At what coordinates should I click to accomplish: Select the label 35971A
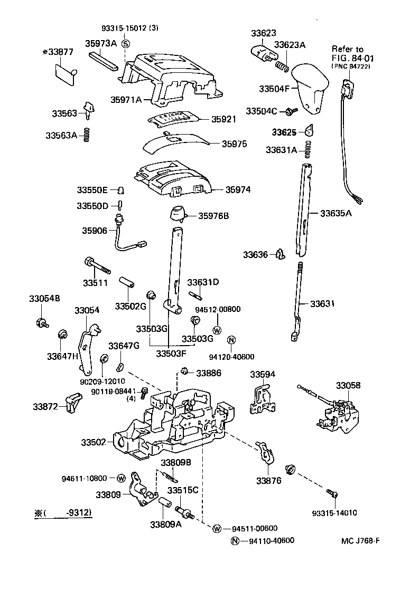(126, 99)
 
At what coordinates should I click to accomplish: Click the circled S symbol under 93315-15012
(125, 43)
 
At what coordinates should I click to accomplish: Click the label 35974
(238, 189)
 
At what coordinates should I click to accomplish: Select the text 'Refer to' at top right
(347, 49)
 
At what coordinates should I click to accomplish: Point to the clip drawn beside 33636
(279, 255)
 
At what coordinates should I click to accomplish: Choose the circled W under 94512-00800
(216, 330)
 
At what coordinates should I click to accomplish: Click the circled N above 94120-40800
(231, 339)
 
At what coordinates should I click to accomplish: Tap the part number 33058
(349, 386)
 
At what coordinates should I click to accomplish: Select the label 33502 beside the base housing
(94, 441)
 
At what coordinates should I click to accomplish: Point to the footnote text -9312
(70, 512)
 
